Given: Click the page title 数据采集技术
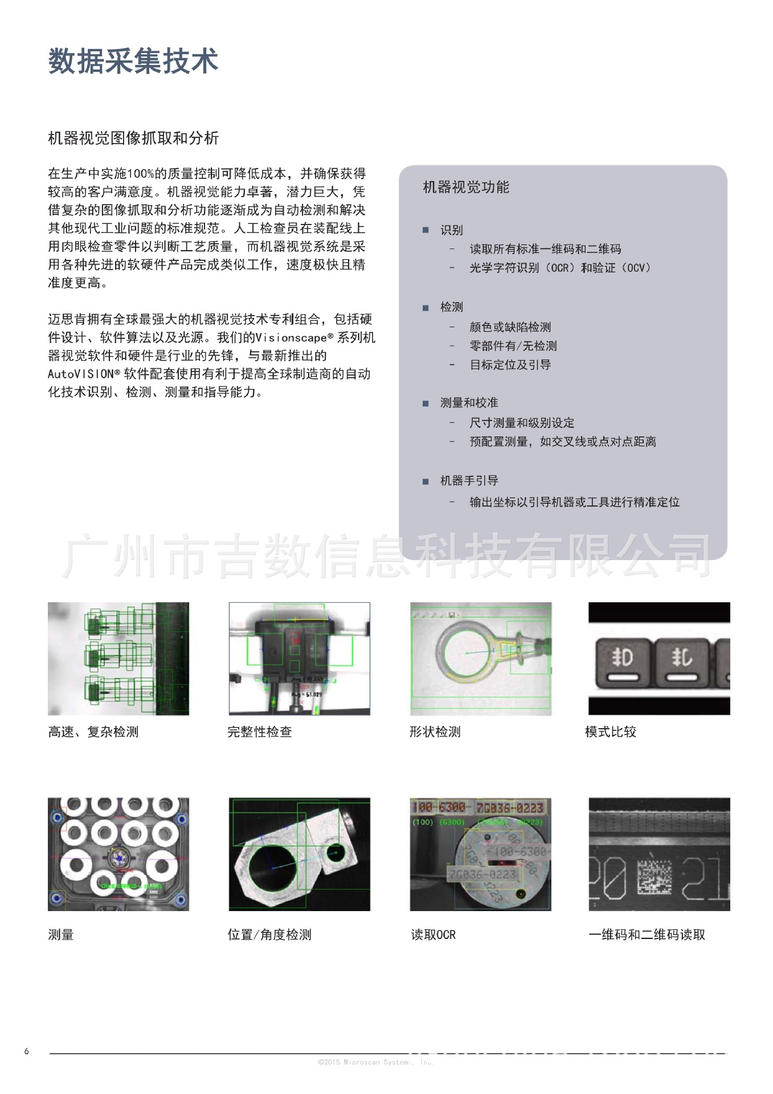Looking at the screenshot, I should pyautogui.click(x=133, y=61).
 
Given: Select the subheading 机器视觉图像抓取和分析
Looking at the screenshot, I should pyautogui.click(x=133, y=138).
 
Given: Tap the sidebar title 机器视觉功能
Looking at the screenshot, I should pyautogui.click(x=465, y=187).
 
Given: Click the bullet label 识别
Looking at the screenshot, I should pyautogui.click(x=451, y=230).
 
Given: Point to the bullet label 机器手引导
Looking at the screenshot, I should pyautogui.click(x=469, y=481).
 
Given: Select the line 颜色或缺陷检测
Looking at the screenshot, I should pyautogui.click(x=510, y=327).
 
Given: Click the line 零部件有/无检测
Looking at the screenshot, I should pyautogui.click(x=513, y=346).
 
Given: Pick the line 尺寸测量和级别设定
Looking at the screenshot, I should pyautogui.click(x=521, y=423).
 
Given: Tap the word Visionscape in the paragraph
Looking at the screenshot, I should pyautogui.click(x=291, y=338).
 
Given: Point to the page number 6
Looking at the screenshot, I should pyautogui.click(x=26, y=1051).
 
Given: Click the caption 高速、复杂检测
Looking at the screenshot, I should pyautogui.click(x=93, y=732).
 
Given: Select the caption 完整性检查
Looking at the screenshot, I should pyautogui.click(x=260, y=732).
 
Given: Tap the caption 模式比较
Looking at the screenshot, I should pyautogui.click(x=610, y=732).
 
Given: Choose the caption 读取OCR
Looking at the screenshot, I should pyautogui.click(x=433, y=935).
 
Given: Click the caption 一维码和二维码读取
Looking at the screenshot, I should pyautogui.click(x=647, y=935).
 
